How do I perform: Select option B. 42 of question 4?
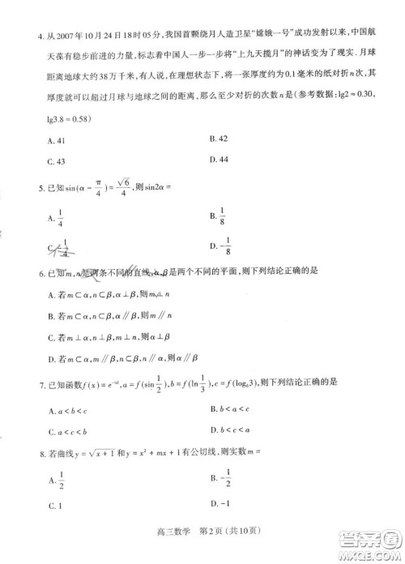click(217, 139)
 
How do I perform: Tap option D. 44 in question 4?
click(217, 160)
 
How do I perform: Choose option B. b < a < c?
click(231, 411)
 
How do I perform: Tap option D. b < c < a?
click(231, 432)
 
